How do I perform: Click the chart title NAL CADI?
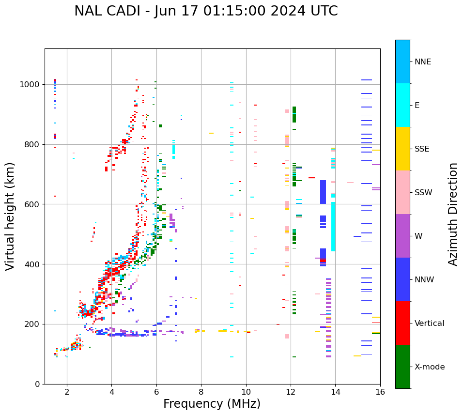point(206,11)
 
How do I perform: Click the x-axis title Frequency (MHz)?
point(212,404)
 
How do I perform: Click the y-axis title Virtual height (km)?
point(10,216)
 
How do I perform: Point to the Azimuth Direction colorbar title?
point(453,214)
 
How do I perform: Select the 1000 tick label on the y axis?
point(29,84)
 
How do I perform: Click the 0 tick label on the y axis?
point(37,384)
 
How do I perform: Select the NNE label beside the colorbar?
point(422,62)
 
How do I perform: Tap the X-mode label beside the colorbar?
point(429,367)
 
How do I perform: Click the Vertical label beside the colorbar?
point(429,323)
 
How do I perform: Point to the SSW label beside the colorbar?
point(423,193)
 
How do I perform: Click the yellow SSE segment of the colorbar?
point(402,149)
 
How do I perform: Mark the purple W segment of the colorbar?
point(402,236)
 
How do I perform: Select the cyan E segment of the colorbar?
point(402,105)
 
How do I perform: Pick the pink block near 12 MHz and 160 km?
point(287,336)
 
